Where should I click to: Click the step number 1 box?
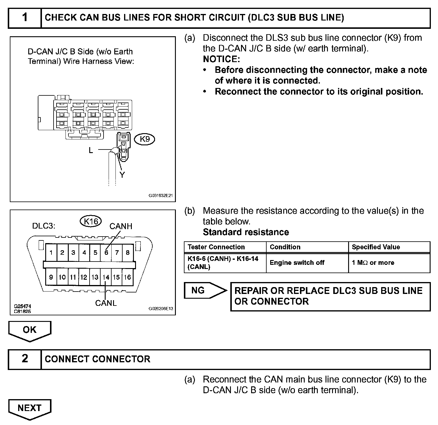(25, 18)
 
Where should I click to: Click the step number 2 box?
(25, 359)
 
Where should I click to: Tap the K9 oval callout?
(145, 139)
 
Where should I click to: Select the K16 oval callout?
(91, 221)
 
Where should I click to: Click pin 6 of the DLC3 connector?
(106, 253)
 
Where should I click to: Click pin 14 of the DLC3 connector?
(106, 277)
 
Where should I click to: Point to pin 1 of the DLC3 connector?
(51, 253)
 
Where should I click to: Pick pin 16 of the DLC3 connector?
(127, 277)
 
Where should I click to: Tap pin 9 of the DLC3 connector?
(51, 277)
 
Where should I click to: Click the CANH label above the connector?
(121, 226)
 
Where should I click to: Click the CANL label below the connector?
(106, 303)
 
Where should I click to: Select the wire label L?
(91, 150)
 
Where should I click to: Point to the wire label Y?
(122, 175)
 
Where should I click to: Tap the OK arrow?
(30, 330)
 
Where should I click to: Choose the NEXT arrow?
(30, 408)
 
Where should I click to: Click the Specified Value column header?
(376, 247)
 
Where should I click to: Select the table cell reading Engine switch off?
(297, 263)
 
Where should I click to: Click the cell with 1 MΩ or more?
(373, 263)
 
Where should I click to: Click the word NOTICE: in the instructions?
(221, 59)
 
